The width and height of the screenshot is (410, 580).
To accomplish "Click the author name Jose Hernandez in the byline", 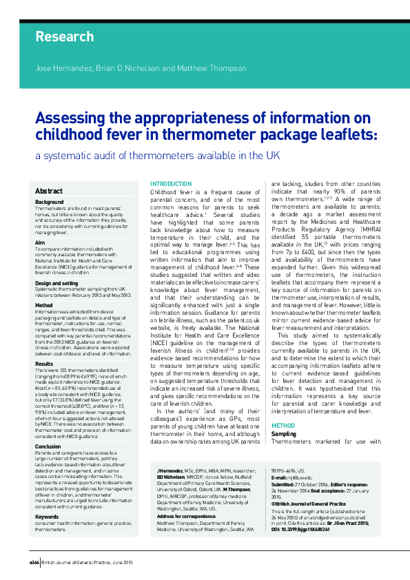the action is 58,69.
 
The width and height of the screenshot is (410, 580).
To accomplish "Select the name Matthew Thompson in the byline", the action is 212,69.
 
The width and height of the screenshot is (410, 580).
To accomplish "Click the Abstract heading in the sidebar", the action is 49,191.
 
